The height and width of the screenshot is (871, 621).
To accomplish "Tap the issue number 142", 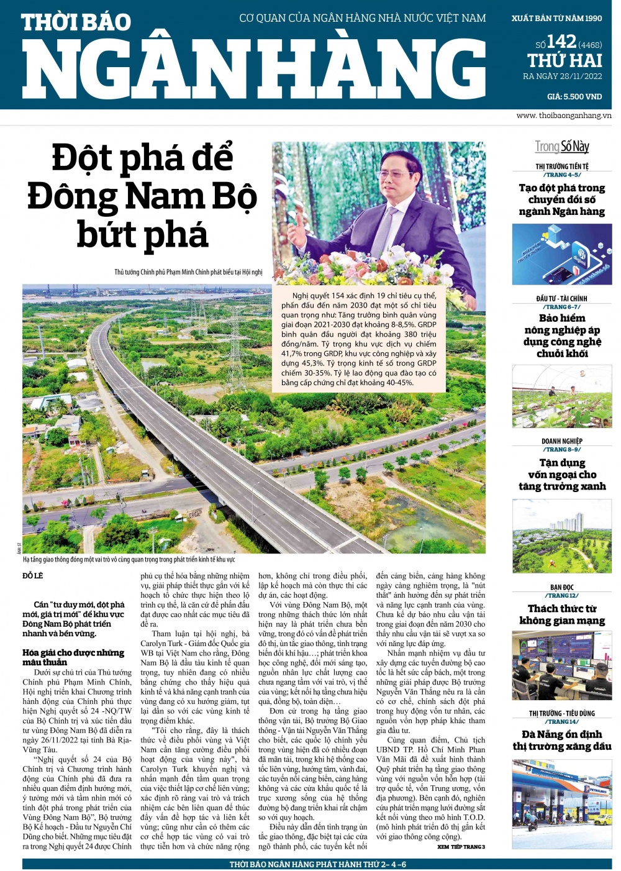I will [561, 42].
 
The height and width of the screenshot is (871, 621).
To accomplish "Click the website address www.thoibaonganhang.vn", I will [563, 116].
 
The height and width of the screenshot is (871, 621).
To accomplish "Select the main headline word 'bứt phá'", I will [142, 235].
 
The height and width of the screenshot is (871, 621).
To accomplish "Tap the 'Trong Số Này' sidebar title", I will [562, 147].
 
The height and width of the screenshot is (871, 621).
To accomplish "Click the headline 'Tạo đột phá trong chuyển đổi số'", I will [562, 199].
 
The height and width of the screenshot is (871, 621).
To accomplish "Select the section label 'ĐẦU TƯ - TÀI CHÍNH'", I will [561, 298].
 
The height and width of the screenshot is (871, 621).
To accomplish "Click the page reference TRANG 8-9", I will [561, 449].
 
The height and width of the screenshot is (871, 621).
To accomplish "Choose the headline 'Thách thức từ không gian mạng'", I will [562, 614].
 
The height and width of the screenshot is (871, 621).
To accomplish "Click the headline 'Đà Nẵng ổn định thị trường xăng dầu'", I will [562, 740].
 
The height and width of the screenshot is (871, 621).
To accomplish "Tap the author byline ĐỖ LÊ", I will [33, 576].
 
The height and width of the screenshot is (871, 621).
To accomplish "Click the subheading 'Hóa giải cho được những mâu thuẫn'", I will [73, 657].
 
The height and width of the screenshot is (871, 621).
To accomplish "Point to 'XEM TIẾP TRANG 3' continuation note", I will [461, 847].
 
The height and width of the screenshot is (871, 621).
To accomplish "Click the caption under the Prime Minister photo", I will [188, 272].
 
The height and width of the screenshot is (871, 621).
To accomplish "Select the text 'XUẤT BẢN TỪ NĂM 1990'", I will [556, 18].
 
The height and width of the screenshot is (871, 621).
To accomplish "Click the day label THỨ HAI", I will [564, 60].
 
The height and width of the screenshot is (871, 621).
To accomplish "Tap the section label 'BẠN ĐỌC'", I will [561, 587].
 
